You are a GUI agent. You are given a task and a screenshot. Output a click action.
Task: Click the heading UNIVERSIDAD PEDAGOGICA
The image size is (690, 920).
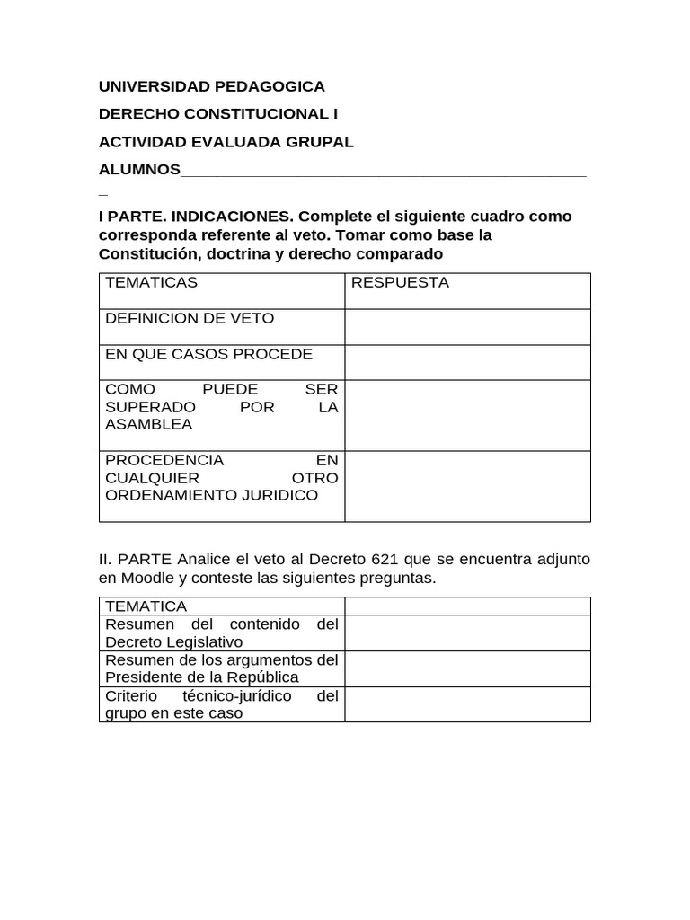211,86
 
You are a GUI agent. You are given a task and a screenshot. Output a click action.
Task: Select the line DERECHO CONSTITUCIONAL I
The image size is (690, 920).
218,114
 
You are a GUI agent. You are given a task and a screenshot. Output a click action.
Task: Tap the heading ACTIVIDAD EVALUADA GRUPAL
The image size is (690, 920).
226,142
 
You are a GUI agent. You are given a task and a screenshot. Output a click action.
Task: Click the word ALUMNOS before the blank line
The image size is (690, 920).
139,170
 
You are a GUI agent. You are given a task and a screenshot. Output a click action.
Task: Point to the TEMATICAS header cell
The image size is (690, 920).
151,282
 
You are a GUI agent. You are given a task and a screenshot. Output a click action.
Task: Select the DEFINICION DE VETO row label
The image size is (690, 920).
190,318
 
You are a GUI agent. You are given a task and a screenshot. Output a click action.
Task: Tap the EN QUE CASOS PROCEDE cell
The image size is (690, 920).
208,354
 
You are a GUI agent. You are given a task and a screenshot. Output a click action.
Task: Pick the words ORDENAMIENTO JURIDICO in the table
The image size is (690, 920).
211,495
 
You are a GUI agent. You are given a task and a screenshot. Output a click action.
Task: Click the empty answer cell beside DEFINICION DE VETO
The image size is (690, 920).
467,327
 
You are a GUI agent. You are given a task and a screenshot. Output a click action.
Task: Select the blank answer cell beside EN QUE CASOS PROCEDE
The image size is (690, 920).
467,362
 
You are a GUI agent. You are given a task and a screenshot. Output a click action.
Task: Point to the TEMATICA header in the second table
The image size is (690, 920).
146,606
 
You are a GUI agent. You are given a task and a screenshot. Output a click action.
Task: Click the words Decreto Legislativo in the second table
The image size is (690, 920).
173,641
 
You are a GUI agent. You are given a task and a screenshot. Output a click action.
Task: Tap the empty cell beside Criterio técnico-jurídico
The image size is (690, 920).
467,704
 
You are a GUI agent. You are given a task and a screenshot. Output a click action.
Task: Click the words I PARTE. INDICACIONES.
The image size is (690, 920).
196,217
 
